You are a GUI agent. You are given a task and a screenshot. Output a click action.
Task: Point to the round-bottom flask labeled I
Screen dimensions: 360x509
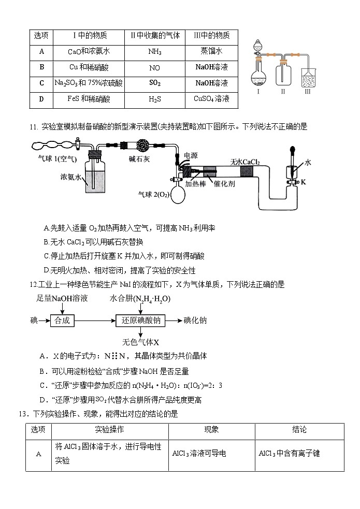258,78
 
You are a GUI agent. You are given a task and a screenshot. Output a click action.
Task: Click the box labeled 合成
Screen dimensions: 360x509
62,321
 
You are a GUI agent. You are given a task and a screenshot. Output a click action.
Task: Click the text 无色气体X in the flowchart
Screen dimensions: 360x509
140,342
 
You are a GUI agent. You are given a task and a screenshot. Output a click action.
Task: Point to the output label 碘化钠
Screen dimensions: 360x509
195,321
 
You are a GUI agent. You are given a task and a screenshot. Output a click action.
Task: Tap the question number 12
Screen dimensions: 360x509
33,285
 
